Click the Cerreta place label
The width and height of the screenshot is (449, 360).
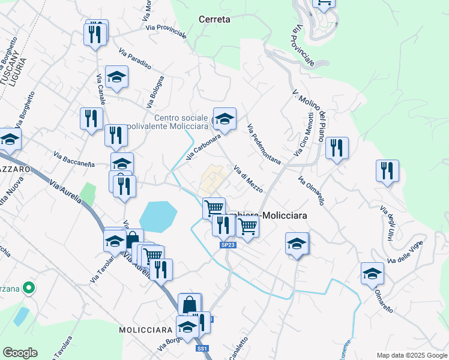pos(214,19)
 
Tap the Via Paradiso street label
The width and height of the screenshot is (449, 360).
pos(134,58)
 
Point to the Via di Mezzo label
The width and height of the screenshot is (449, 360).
pos(248,179)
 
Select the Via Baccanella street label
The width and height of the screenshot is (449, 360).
pos(74,160)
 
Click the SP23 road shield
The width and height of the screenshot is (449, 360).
pos(227,245)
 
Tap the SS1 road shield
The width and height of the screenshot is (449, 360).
pos(202,349)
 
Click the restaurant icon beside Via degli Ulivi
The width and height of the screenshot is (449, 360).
pos(387,170)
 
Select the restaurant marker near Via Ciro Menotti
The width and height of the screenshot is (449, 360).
pos(337,148)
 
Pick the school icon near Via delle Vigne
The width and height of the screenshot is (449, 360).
pos(372,273)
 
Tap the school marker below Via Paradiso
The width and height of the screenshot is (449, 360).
pos(117,77)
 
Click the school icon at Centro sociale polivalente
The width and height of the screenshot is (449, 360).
pos(224,118)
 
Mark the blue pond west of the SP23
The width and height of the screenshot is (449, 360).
pos(158,217)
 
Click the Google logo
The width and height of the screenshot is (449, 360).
pos(20,353)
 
